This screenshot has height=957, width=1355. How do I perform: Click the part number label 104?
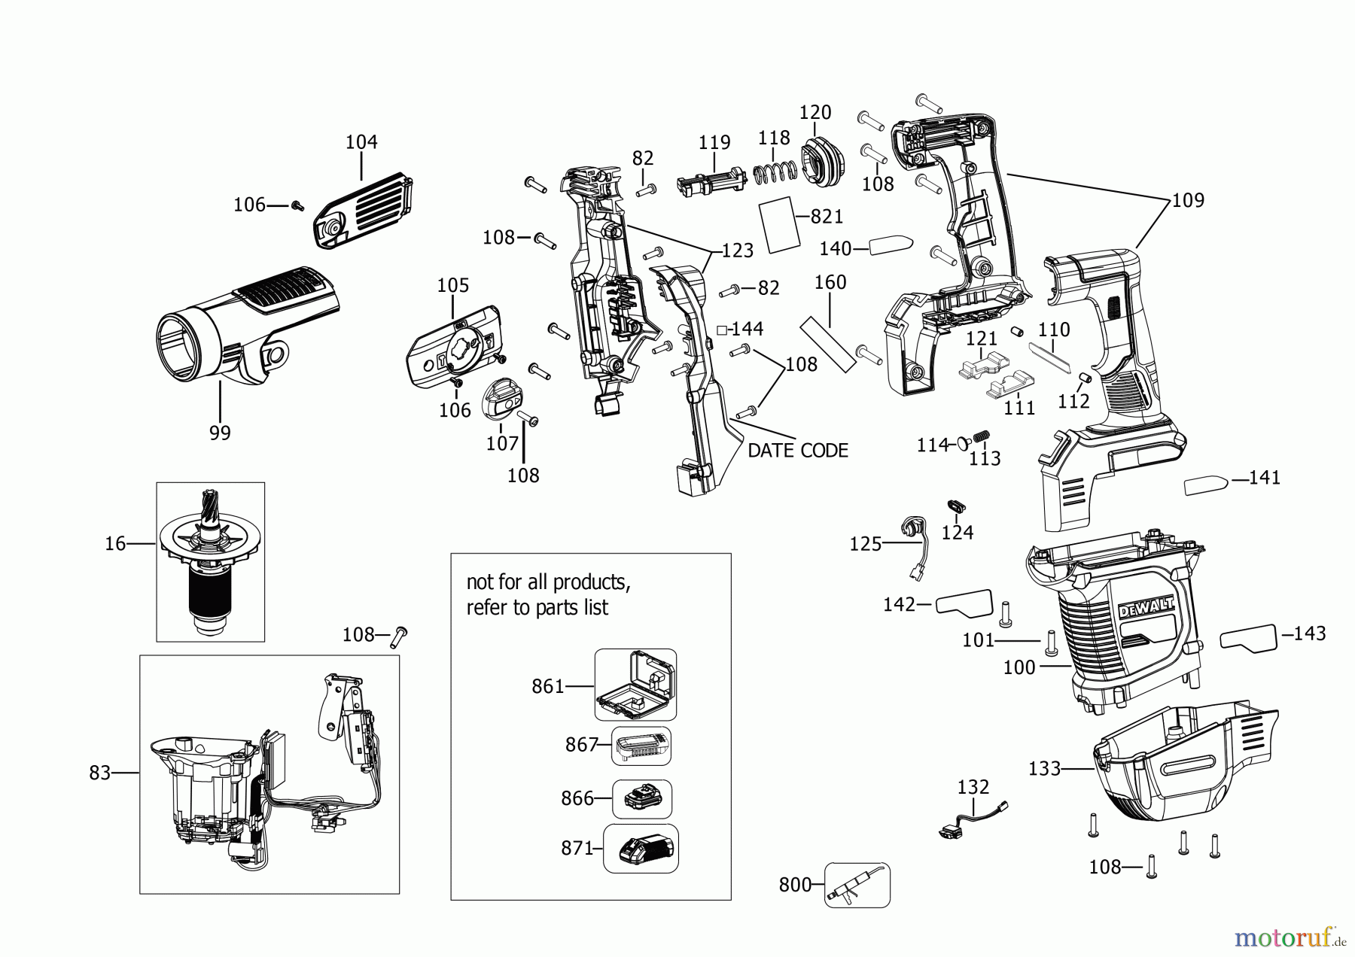click(361, 141)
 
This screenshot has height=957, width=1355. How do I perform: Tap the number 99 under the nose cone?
click(220, 433)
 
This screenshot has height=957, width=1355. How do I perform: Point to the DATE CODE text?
click(797, 451)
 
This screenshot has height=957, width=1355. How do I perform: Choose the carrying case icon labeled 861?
click(635, 685)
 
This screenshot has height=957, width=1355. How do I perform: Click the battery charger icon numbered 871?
click(641, 849)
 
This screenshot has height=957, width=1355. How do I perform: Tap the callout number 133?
click(1044, 768)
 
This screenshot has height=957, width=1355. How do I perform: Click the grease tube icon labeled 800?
click(857, 886)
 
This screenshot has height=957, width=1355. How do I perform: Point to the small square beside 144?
click(721, 330)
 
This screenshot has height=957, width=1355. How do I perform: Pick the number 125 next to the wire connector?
click(865, 543)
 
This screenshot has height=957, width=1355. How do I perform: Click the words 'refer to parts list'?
click(537, 607)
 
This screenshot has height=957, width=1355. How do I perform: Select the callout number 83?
click(100, 773)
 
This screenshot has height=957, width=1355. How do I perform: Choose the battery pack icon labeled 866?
click(641, 799)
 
